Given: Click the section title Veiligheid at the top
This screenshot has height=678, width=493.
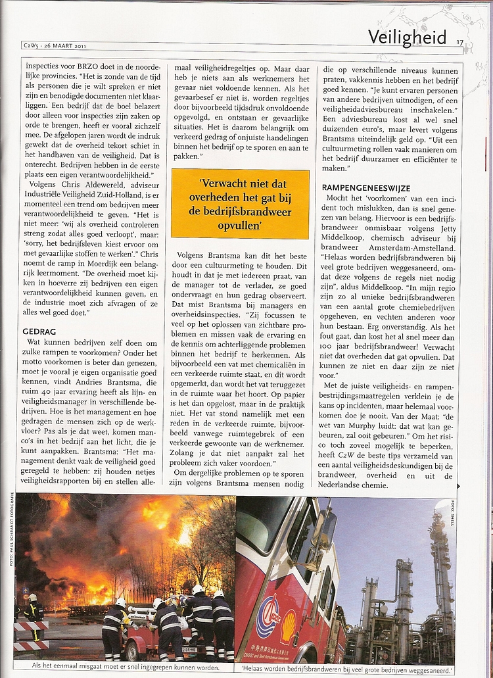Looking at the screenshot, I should coord(407,37).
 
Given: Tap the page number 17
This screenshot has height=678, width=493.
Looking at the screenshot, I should coord(460,43).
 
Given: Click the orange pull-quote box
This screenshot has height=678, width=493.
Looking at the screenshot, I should coord(240,204).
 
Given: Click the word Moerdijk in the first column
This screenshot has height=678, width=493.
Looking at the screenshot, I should coord(100,260).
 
